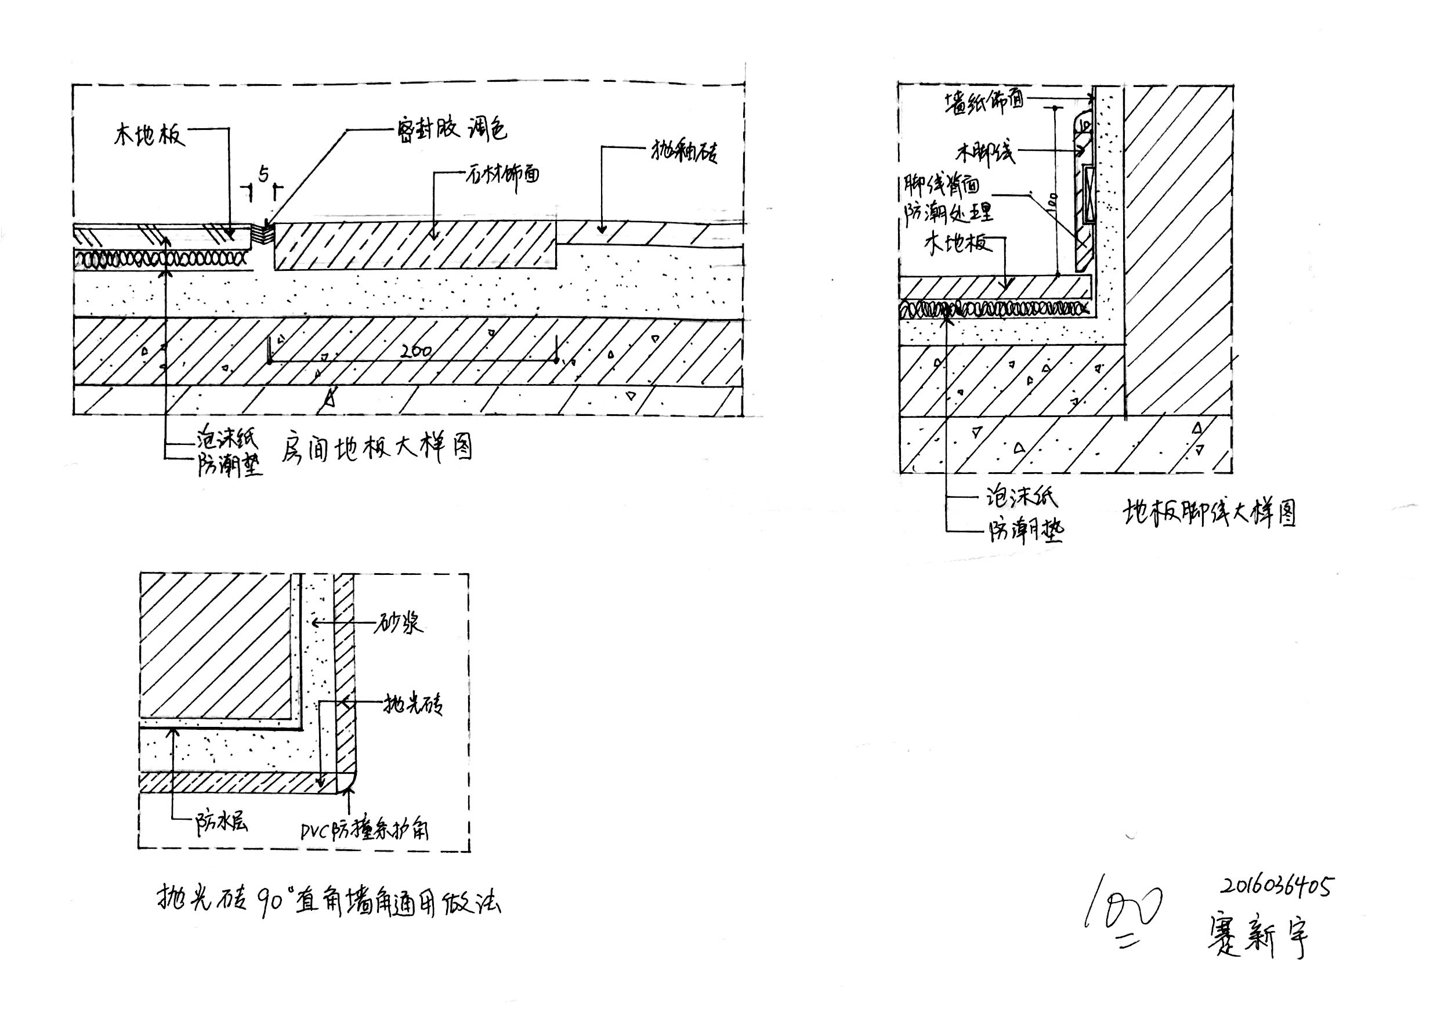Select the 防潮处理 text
coord(949,212)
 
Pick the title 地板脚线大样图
coord(1210,513)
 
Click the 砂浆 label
coord(399,624)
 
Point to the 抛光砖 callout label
coord(413,703)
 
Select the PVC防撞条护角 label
coord(364,831)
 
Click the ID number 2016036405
coord(1276,886)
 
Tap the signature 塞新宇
coord(1259,936)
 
